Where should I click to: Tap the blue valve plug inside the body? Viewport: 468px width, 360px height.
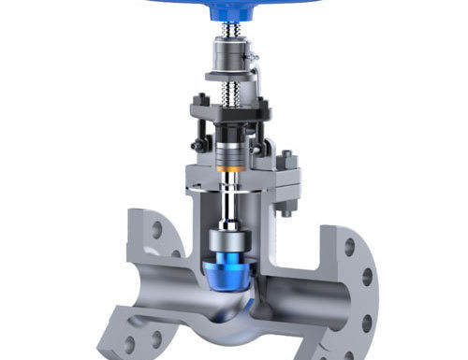tap(227, 266)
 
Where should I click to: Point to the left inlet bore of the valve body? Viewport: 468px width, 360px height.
tap(140, 281)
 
